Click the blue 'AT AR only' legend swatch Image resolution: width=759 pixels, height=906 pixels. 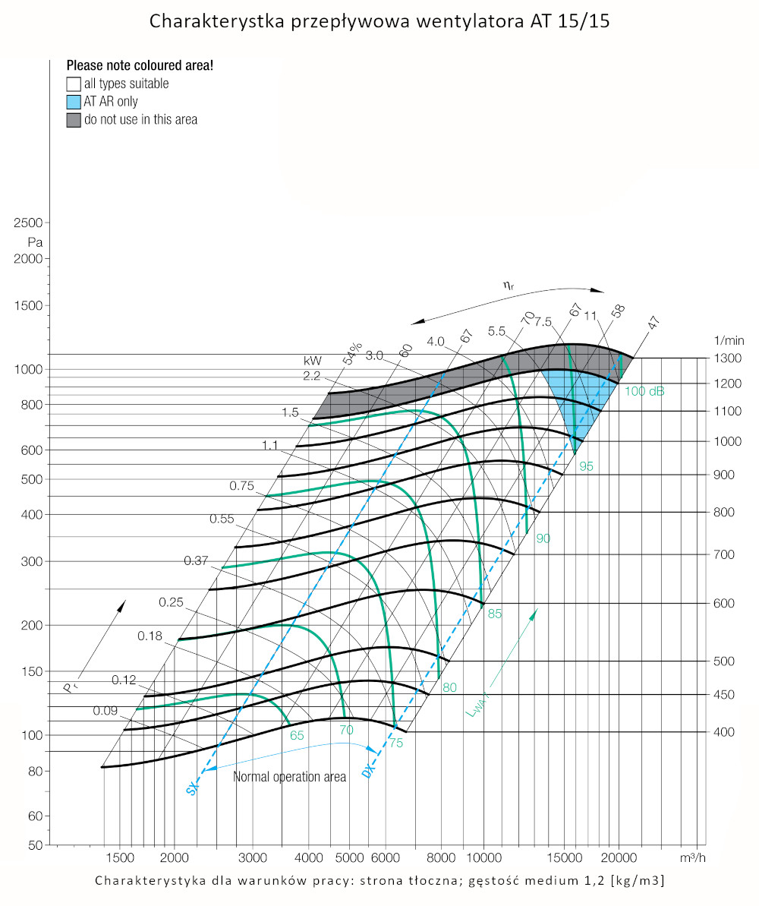[74, 102]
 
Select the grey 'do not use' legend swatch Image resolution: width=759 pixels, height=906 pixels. [74, 120]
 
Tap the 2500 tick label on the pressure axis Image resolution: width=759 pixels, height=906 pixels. [27, 223]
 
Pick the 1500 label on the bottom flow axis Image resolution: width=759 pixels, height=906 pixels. [118, 857]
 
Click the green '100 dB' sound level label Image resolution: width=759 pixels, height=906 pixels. [645, 391]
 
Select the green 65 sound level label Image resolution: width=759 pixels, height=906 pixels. [297, 735]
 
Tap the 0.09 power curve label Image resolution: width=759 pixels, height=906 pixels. [106, 711]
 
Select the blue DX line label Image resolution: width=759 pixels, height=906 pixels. [368, 771]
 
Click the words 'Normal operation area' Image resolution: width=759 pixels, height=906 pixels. [289, 777]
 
